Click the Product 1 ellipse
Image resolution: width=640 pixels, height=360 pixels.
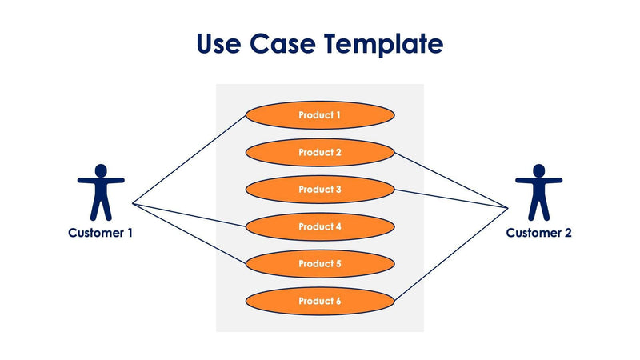[x=319, y=115]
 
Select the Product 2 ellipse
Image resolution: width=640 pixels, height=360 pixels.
[x=319, y=152]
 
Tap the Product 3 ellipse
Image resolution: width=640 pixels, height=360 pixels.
[x=319, y=190]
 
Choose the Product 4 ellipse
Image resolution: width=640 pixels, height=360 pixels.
[x=319, y=227]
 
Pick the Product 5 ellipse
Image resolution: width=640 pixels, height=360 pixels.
[x=319, y=264]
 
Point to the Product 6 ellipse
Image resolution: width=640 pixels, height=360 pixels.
[x=319, y=301]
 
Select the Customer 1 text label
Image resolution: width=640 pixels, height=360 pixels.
[x=101, y=233]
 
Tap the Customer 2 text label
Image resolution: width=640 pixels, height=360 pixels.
[x=538, y=233]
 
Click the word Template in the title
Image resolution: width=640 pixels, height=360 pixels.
[x=383, y=44]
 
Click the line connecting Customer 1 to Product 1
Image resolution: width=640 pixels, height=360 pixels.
[x=190, y=159]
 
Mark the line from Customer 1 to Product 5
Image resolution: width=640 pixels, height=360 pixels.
[x=189, y=234]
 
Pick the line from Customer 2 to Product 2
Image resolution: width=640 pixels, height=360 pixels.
[x=452, y=181]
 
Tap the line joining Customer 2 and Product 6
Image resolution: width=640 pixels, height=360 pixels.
[x=452, y=254]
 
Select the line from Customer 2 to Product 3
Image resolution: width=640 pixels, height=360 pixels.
[x=452, y=199]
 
